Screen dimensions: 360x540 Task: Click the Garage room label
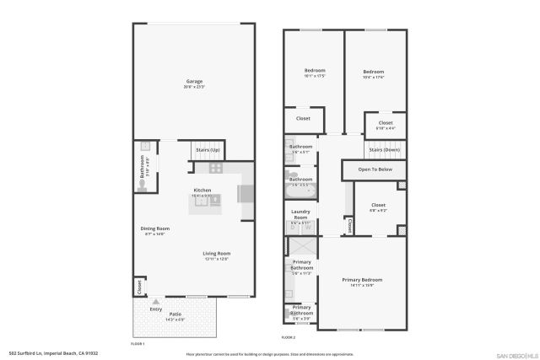pyautogui.click(x=194, y=82)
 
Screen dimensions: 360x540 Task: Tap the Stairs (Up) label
pyautogui.click(x=208, y=149)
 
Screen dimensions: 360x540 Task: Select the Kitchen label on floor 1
pyautogui.click(x=202, y=190)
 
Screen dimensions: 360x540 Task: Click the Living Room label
pyautogui.click(x=216, y=254)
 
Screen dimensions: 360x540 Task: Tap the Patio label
pyautogui.click(x=175, y=314)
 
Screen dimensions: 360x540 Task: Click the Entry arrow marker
pyautogui.click(x=156, y=300)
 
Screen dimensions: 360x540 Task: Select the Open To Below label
pyautogui.click(x=375, y=169)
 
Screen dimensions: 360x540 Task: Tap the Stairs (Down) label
pyautogui.click(x=384, y=149)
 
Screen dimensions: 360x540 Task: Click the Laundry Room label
pyautogui.click(x=301, y=214)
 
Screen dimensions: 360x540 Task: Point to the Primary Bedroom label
pyautogui.click(x=362, y=279)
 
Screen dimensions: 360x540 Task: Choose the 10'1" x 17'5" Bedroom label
pyautogui.click(x=314, y=70)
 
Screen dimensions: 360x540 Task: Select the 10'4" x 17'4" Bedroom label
pyautogui.click(x=373, y=72)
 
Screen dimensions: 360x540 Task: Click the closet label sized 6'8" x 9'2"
pyautogui.click(x=378, y=205)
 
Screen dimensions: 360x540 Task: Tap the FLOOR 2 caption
pyautogui.click(x=289, y=337)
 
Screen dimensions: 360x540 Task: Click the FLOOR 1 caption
pyautogui.click(x=138, y=343)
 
